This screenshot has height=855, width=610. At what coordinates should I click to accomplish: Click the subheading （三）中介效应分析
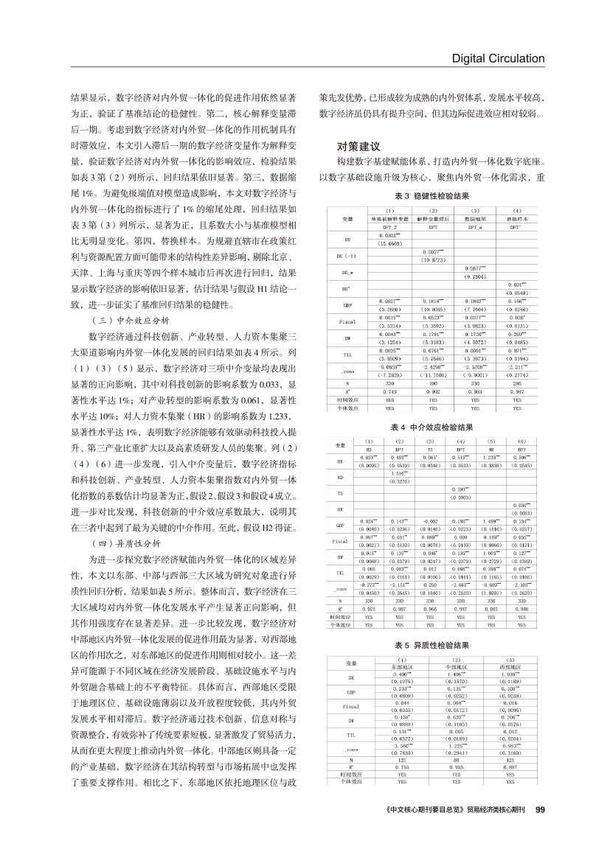[x=128, y=321]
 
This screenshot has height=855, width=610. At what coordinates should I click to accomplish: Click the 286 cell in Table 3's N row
[x=517, y=384]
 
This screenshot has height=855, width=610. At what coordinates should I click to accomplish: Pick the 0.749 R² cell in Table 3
[x=389, y=391]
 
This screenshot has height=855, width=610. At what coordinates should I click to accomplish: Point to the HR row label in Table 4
[x=340, y=509]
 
